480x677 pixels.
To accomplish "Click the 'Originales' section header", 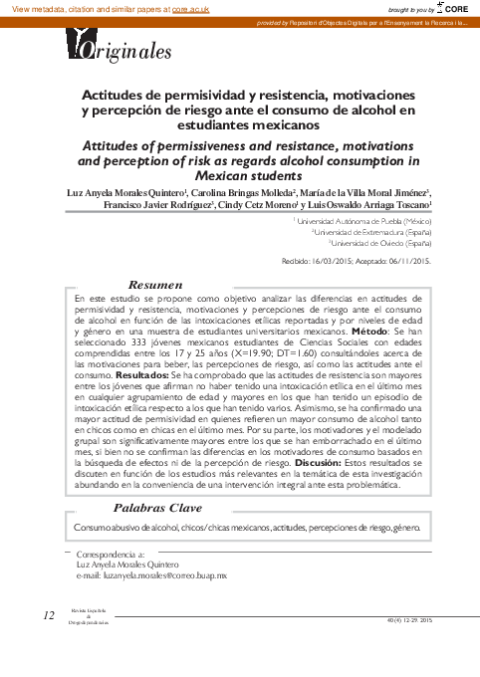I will click(x=119, y=51).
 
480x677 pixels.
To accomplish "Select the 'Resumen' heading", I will click(x=156, y=285).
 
